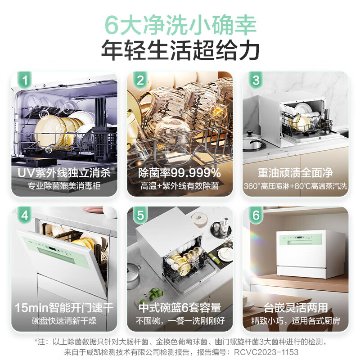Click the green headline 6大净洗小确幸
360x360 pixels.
click(180, 23)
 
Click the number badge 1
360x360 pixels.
click(25, 81)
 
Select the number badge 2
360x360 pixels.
click(140, 81)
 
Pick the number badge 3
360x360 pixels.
click(256, 81)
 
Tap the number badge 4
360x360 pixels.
click(25, 215)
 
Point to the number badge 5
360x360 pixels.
click(140, 215)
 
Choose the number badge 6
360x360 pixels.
click(256, 215)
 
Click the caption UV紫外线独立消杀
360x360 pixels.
click(64, 172)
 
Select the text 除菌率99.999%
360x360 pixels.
click(180, 172)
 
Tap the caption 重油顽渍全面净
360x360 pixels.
click(296, 172)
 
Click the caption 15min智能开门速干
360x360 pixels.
click(64, 308)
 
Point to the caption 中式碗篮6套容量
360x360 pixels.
click(180, 308)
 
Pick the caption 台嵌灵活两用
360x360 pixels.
click(296, 308)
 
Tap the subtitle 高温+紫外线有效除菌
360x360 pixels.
click(180, 186)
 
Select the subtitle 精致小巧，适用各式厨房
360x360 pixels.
click(296, 321)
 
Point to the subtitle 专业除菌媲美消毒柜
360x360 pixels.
click(64, 186)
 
